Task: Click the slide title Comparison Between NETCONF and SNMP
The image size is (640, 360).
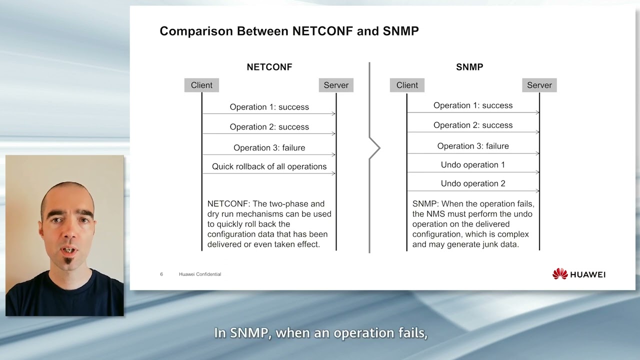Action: [x=289, y=31]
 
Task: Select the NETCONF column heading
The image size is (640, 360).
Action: [x=269, y=67]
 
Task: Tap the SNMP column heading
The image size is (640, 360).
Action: [x=469, y=67]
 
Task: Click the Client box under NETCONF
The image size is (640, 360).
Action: [x=201, y=85]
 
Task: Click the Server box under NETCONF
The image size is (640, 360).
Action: [x=336, y=85]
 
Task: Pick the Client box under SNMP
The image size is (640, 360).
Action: [x=407, y=85]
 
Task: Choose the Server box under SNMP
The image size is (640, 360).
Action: [x=539, y=85]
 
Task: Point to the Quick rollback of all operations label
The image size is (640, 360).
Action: [x=269, y=166]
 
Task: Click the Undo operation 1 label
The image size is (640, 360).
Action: [x=472, y=164]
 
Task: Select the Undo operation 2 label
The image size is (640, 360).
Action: [x=472, y=183]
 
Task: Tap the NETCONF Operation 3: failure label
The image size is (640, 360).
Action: [x=269, y=147]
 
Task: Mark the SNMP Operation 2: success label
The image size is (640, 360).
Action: [x=472, y=125]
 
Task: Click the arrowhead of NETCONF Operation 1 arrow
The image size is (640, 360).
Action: [x=333, y=114]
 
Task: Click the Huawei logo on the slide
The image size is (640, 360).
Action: [x=578, y=274]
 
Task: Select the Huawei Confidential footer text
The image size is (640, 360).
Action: [x=199, y=274]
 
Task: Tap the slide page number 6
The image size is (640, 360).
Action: [x=161, y=274]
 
